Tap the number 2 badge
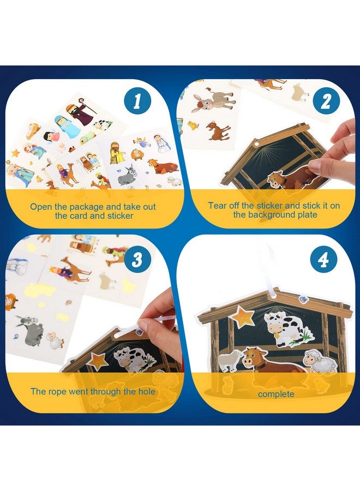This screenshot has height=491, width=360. [326, 103]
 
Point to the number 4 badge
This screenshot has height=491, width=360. [323, 260]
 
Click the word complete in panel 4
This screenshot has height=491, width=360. [276, 394]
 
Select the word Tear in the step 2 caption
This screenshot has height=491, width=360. [218, 206]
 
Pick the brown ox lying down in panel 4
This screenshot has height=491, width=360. [267, 361]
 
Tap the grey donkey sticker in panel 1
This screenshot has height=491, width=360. [127, 175]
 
